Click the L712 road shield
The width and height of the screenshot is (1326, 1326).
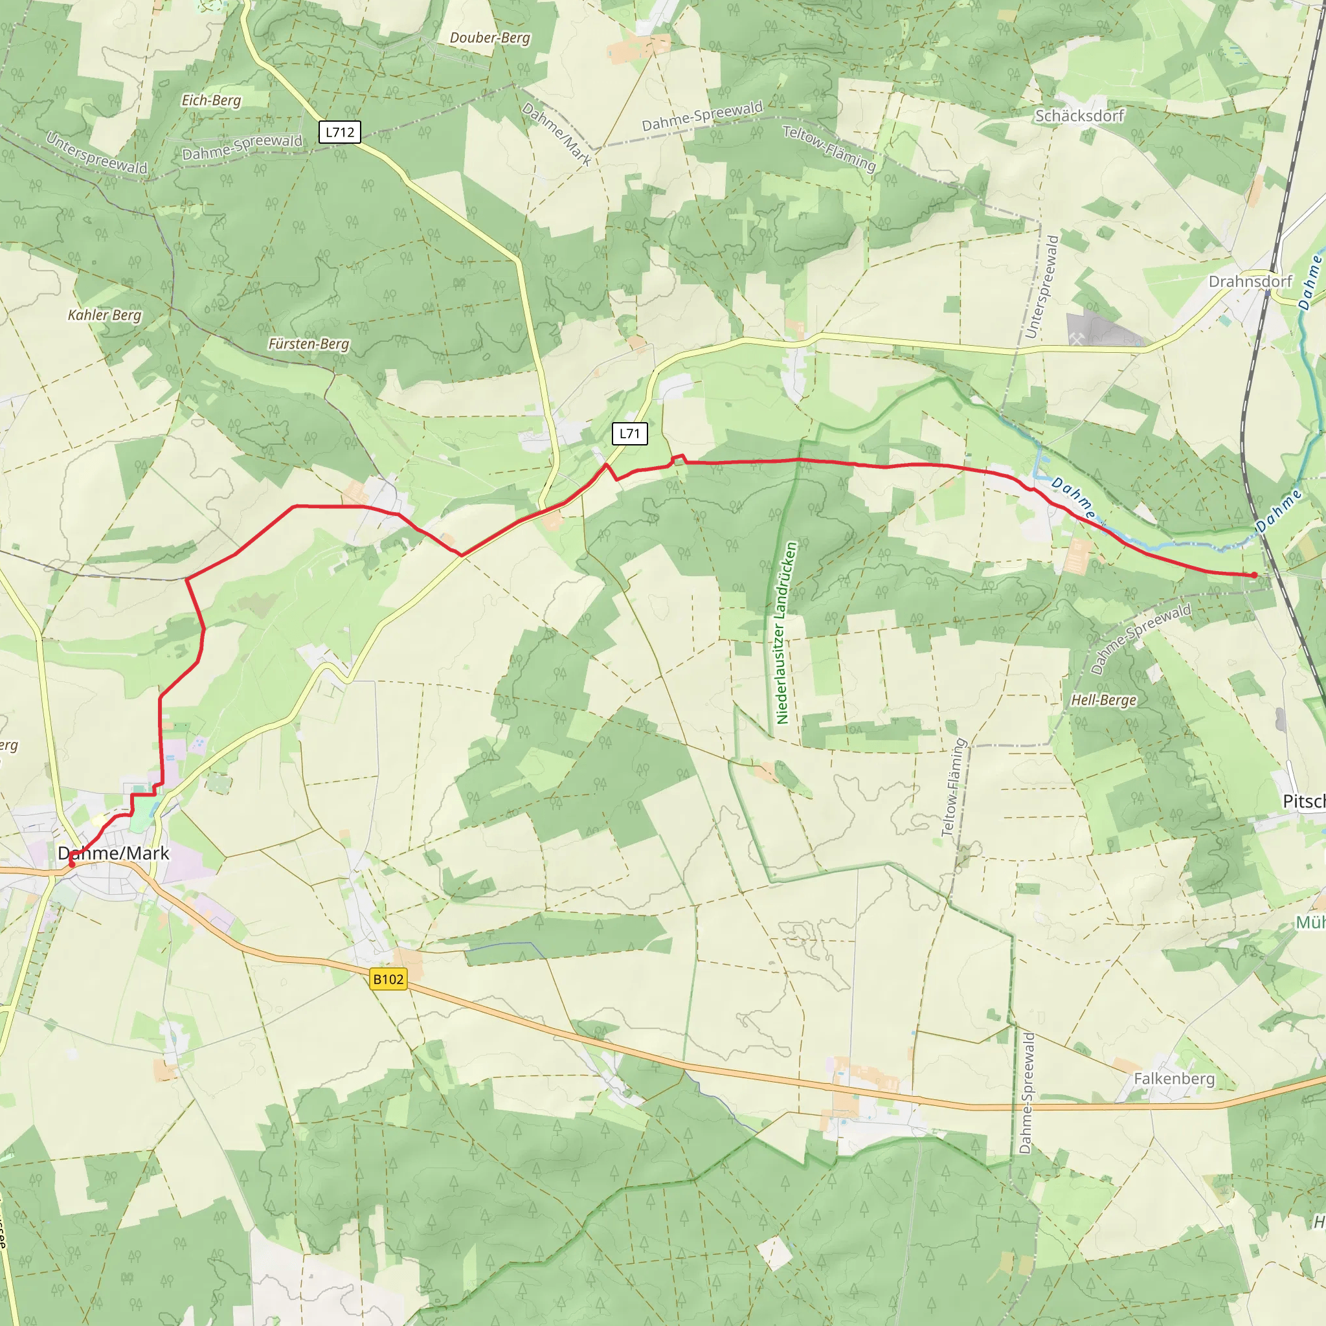pyautogui.click(x=340, y=132)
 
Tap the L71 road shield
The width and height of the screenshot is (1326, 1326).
pyautogui.click(x=629, y=433)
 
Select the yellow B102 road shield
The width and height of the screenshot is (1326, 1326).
pyautogui.click(x=388, y=979)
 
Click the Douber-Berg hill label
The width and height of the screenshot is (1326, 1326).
pyautogui.click(x=490, y=38)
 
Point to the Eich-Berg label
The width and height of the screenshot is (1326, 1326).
pyautogui.click(x=211, y=100)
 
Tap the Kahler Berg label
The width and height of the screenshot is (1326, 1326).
pyautogui.click(x=104, y=315)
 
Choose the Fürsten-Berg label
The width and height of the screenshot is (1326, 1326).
pyautogui.click(x=309, y=344)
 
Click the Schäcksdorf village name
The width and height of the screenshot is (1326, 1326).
pyautogui.click(x=1079, y=116)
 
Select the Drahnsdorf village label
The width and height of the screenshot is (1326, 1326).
pyautogui.click(x=1250, y=282)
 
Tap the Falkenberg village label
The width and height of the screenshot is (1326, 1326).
pyautogui.click(x=1174, y=1079)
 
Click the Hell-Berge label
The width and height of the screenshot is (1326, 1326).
pyautogui.click(x=1104, y=700)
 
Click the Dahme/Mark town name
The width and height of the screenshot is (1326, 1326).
pyautogui.click(x=113, y=853)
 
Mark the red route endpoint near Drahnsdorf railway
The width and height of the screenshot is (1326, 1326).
pyautogui.click(x=1255, y=575)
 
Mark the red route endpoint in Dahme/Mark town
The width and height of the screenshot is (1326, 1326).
pyautogui.click(x=71, y=864)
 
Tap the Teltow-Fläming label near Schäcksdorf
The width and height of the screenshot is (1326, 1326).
pyautogui.click(x=830, y=148)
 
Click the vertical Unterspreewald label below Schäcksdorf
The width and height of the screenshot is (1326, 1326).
pyautogui.click(x=1042, y=286)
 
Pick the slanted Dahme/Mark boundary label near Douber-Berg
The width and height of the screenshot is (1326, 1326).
pyautogui.click(x=557, y=135)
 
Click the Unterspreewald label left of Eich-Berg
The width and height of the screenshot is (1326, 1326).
pyautogui.click(x=96, y=153)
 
